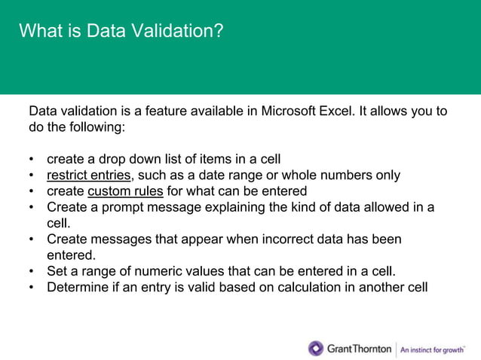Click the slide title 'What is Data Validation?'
[x=121, y=32]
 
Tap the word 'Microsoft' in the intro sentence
[x=289, y=112]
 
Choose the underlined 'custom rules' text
[x=125, y=191]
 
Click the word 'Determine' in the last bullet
[x=78, y=287]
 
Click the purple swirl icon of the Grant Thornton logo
[x=316, y=348]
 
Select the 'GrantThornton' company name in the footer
[x=359, y=349]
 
